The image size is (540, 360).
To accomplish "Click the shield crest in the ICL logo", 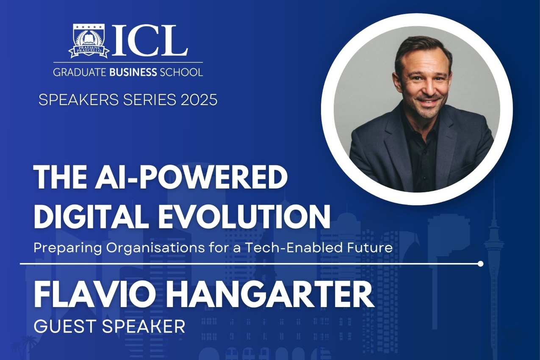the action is point(89,41).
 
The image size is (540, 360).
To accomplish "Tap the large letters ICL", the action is point(150,41).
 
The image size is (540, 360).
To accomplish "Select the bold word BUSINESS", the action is point(133,72).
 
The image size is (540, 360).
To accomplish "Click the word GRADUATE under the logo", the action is point(80,72).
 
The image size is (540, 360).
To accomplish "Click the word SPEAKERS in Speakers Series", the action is point(79,100).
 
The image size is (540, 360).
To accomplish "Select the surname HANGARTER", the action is point(271,295).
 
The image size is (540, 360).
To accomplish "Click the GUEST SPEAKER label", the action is point(109,326).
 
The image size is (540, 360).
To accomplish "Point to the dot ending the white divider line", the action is point(480,264).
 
